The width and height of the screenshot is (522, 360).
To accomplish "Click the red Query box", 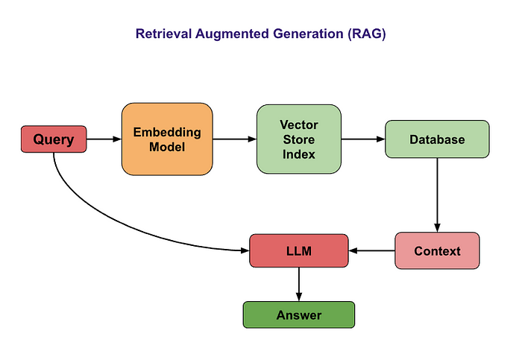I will [54, 139].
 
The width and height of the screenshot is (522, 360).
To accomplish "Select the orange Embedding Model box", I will [167, 139].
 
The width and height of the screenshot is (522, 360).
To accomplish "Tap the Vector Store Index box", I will [298, 139].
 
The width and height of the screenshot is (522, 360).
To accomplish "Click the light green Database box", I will [437, 139].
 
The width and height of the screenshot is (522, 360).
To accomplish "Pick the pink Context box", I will [437, 250].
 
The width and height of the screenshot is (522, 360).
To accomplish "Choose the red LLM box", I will [298, 250].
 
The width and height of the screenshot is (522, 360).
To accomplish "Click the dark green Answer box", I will [298, 315].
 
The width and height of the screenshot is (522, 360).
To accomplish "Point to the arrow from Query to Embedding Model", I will [104, 139].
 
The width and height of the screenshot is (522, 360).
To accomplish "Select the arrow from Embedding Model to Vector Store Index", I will [234, 139].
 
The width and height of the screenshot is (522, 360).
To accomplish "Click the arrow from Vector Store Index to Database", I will [362, 139].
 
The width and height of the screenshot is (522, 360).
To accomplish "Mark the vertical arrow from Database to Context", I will [437, 194].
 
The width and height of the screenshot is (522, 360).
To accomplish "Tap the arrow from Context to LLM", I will [371, 250].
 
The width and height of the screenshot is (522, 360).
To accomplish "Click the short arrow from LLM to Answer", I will [298, 284].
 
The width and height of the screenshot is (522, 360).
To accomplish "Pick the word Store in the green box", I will [298, 139].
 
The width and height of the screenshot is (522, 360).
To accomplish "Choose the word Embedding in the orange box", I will [167, 133].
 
